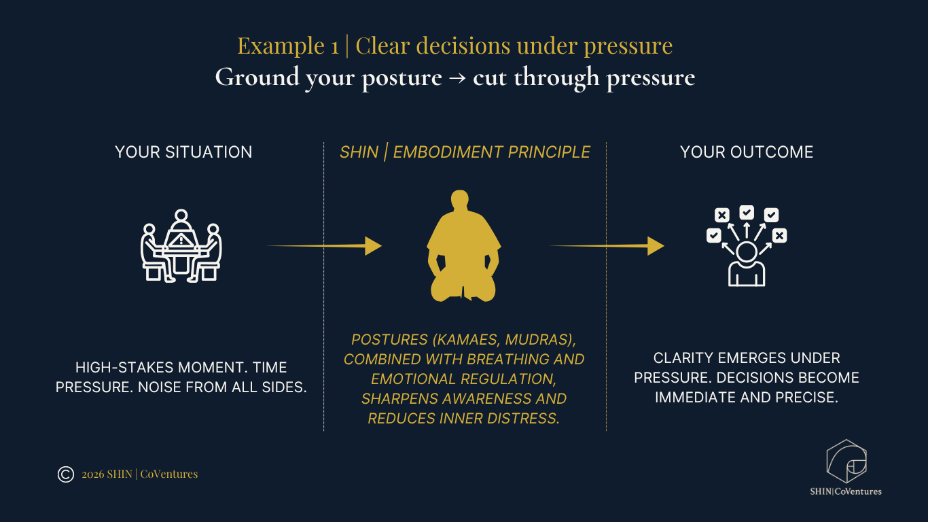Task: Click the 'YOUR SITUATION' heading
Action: point(183,152)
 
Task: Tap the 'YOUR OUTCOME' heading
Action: point(747,152)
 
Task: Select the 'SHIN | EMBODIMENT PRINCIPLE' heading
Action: point(465,152)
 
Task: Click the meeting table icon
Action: point(181,245)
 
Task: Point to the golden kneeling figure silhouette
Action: point(464,248)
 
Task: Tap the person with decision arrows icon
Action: point(747,245)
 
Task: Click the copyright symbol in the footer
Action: point(66,474)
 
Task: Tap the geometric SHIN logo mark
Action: point(846,462)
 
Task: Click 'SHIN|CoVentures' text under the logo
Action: point(846,491)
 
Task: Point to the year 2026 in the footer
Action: point(93,474)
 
